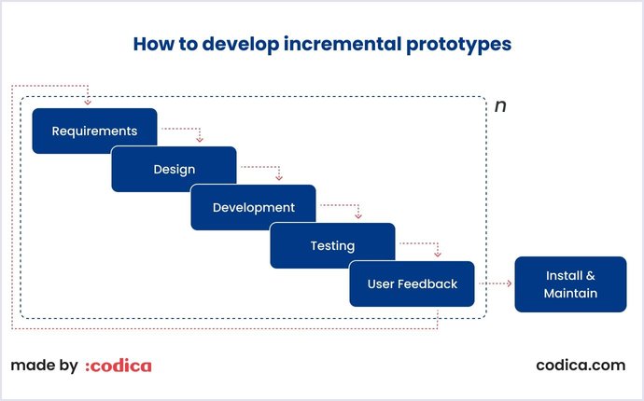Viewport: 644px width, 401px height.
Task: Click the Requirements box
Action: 94,131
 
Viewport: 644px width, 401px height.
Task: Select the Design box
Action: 174,169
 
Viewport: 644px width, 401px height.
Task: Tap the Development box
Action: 253,207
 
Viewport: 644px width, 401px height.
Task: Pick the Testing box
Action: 332,245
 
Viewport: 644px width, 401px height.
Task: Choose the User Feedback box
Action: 412,283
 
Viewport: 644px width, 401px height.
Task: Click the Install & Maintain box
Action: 570,284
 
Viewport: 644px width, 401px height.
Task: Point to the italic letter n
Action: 500,106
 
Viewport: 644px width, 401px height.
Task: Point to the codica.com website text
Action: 581,366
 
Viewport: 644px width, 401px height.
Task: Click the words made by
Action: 44,366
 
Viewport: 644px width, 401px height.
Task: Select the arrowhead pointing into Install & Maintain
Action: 509,284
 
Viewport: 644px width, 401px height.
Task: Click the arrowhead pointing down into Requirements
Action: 87,102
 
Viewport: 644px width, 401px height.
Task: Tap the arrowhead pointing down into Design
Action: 199,139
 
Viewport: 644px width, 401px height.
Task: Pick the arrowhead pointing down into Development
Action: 278,177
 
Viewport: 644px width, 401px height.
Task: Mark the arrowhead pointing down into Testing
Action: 357,215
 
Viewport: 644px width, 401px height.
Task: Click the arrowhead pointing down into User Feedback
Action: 437,254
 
